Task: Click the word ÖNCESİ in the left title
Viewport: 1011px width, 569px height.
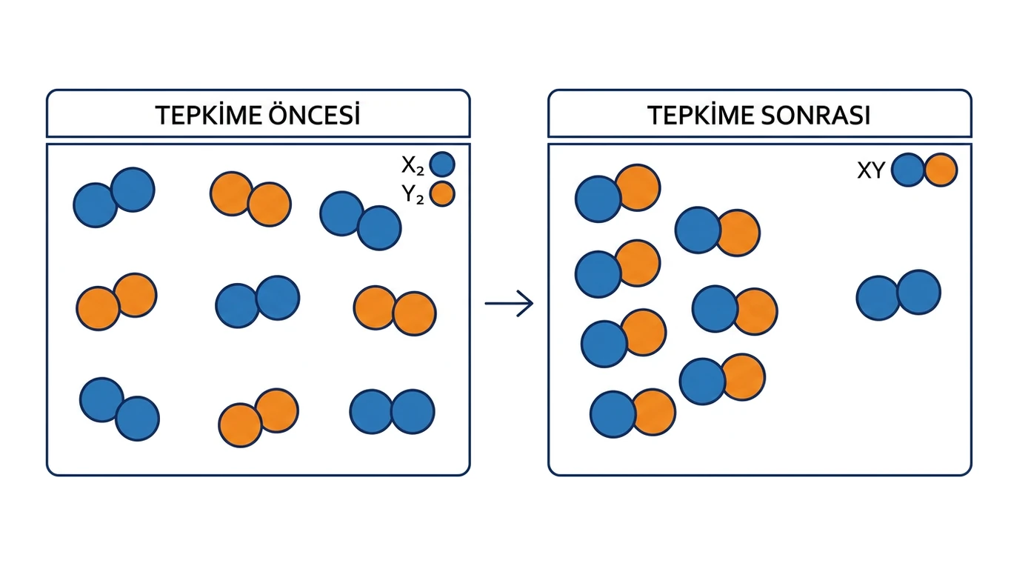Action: pos(314,114)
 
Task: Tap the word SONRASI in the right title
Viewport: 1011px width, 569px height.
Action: pos(815,115)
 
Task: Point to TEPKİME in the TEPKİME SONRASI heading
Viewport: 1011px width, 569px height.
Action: pos(701,115)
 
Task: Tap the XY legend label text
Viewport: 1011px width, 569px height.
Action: pos(871,170)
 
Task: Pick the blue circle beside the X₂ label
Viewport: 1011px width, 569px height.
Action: pos(442,164)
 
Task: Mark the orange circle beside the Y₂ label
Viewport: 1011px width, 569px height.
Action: pos(442,194)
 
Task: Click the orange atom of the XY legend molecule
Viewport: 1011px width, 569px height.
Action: pos(941,170)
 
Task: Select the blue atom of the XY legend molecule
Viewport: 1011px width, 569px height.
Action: pos(907,170)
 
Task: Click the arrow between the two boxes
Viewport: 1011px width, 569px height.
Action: pos(509,304)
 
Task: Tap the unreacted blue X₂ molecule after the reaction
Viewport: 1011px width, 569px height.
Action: pos(898,296)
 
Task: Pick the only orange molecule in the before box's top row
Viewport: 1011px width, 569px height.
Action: pos(250,199)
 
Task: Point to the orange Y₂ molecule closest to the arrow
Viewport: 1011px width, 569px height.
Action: pos(395,310)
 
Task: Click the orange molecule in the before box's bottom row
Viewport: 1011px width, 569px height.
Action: pos(258,418)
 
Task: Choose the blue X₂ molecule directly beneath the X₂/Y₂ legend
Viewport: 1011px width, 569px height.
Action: pos(361,221)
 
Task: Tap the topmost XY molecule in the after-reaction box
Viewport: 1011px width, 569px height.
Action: pos(618,193)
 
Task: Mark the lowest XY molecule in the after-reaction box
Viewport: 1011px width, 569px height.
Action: pos(633,413)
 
